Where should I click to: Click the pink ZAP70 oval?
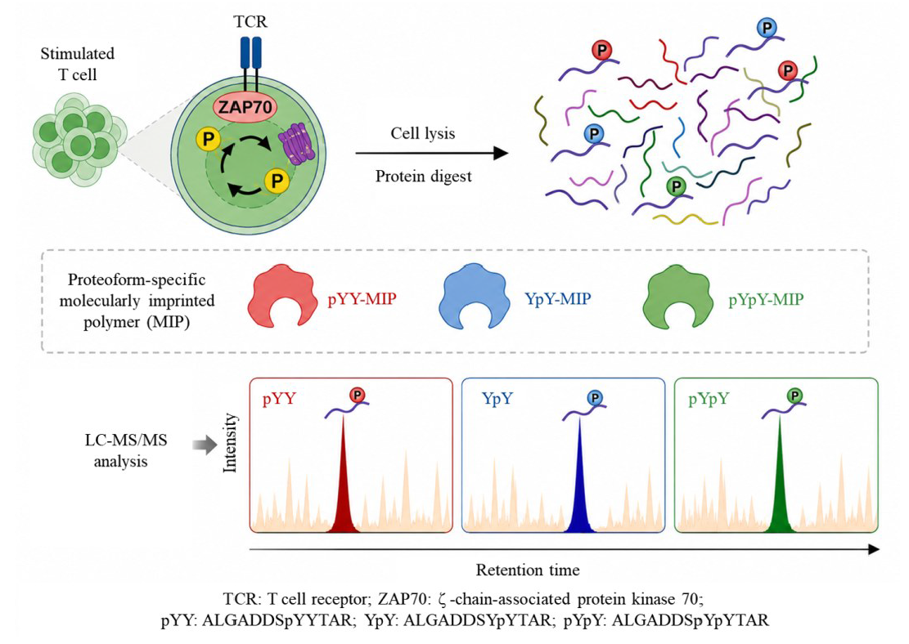(245, 107)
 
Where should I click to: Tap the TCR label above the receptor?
(250, 22)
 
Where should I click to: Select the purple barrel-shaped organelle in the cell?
(297, 144)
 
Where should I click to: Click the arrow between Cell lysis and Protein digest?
(432, 154)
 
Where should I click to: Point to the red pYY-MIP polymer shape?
(282, 295)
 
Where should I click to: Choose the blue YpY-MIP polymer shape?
(475, 295)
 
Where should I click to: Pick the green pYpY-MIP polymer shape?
(678, 297)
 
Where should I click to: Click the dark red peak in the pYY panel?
(343, 481)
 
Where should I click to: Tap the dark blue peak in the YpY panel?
(580, 481)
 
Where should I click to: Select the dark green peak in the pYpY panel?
(780, 481)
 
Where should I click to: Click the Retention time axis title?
(528, 570)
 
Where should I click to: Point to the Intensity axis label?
(230, 442)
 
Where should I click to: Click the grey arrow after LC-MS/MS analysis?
(205, 445)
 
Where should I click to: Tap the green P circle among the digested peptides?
(676, 186)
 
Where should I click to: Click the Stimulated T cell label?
(77, 64)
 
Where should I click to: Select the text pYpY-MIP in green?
(766, 299)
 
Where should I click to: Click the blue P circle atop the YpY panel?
(595, 398)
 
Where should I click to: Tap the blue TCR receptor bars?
(250, 52)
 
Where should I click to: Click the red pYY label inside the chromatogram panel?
(279, 399)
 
